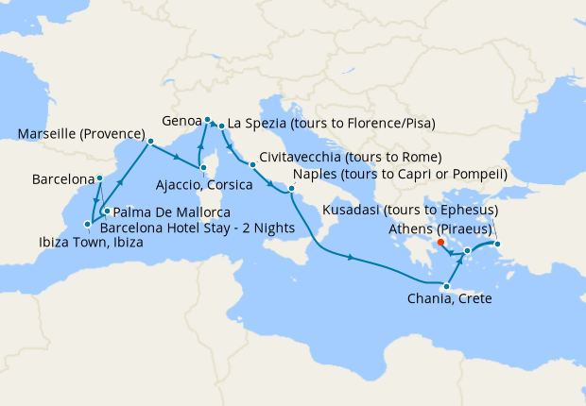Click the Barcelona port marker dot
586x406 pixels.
[x=99, y=178]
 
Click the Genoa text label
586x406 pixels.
[x=181, y=122]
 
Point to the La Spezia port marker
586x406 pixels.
[x=221, y=125]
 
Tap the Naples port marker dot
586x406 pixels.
[x=292, y=189]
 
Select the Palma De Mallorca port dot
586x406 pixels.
[x=107, y=211]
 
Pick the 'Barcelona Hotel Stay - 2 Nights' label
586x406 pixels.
[x=197, y=228]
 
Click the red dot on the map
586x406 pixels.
[x=441, y=242]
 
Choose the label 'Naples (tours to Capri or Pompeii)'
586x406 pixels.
[x=401, y=175]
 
